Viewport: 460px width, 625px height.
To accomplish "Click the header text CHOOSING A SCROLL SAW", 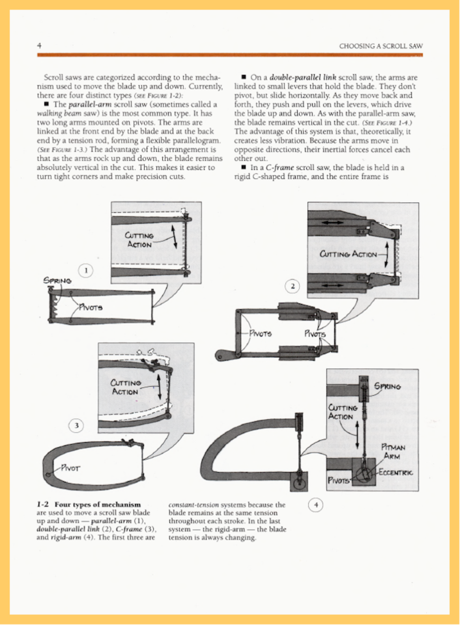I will click(381, 46).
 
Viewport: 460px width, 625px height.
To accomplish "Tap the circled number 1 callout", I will click(86, 271).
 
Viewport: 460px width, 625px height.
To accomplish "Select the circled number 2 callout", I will click(293, 286).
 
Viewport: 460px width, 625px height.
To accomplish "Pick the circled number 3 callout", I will click(77, 426).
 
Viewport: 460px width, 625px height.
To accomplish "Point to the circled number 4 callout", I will click(316, 505).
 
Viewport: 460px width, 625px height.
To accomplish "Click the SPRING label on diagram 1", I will click(58, 280).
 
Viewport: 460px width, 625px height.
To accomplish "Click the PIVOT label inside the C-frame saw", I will click(70, 469).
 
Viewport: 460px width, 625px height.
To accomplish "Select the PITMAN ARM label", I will click(393, 452).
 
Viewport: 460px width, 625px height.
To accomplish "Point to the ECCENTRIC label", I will click(395, 473).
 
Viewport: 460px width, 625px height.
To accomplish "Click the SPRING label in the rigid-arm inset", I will click(387, 387).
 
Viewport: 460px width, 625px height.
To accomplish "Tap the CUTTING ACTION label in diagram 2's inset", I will click(348, 254).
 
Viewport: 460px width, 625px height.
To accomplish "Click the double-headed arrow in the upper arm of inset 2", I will click(332, 223).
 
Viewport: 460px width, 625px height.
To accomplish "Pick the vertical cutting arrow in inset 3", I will click(159, 387).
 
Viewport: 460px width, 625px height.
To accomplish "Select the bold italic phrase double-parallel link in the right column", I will click(303, 77).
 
